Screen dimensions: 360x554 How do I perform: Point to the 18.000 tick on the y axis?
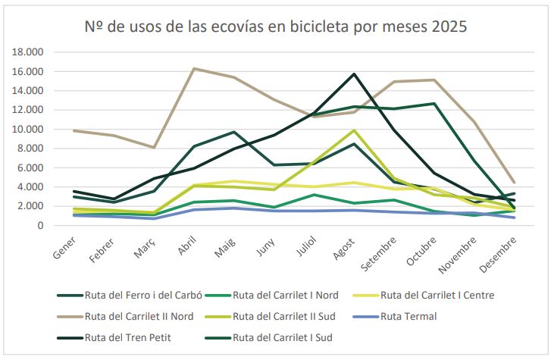[x=29, y=52]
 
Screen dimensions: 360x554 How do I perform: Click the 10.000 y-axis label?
[x=29, y=129]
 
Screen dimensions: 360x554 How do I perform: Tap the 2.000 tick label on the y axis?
[x=32, y=206]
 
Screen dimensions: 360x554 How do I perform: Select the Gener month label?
[x=65, y=247]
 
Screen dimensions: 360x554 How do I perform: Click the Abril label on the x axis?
[x=186, y=246]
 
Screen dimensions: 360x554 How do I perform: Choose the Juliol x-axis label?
[x=305, y=246]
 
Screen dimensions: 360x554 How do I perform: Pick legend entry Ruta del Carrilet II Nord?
[x=139, y=316]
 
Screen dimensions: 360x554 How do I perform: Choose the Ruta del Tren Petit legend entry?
[x=127, y=337]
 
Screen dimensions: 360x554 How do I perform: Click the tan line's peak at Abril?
[x=194, y=69]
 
